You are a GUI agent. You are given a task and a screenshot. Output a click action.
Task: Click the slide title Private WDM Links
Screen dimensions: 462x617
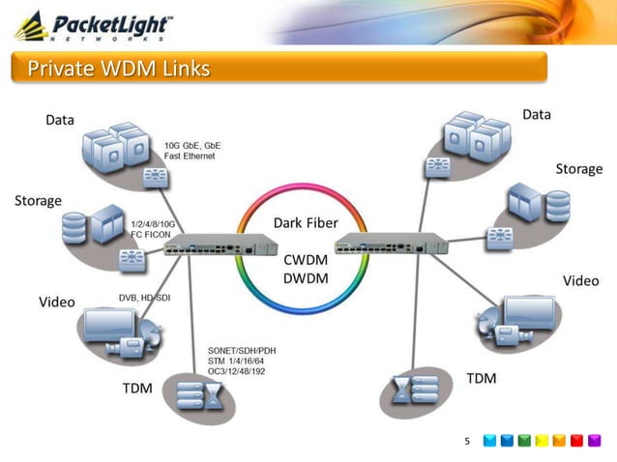(x=118, y=69)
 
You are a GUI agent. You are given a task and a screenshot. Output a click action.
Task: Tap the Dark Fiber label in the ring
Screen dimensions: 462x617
(x=306, y=223)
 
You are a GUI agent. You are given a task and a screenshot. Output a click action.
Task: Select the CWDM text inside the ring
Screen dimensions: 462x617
(x=307, y=260)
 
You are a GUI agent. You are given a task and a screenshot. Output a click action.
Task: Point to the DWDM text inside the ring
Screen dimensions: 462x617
(x=307, y=278)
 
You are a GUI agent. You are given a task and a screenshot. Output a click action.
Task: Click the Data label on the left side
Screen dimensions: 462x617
(x=60, y=120)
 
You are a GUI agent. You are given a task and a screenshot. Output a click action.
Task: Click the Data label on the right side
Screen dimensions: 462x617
(x=537, y=114)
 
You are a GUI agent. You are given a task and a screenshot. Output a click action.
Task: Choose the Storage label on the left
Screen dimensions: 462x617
(x=38, y=200)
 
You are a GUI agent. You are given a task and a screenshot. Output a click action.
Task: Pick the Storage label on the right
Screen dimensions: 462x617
(x=578, y=168)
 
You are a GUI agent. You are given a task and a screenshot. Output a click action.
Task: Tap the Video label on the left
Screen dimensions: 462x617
(x=56, y=303)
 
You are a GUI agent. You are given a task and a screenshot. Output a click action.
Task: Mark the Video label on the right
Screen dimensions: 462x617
(x=581, y=280)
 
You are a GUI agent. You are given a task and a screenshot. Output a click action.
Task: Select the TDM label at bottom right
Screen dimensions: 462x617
(x=482, y=378)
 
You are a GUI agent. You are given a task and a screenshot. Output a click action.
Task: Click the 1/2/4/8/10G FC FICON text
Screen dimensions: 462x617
(x=156, y=228)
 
